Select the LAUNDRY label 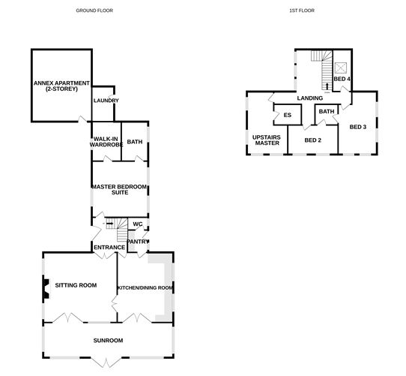point(106,101)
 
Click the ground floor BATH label point(134,141)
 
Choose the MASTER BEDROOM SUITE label point(118,189)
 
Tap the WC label point(137,224)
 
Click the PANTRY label point(138,242)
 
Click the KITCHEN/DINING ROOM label point(145,287)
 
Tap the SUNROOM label point(109,341)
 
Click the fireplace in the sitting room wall point(45,287)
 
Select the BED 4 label point(342,79)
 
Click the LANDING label point(309,98)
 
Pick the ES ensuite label point(287,115)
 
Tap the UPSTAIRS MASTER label point(266,140)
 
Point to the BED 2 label point(313,140)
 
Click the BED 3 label point(358,127)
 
